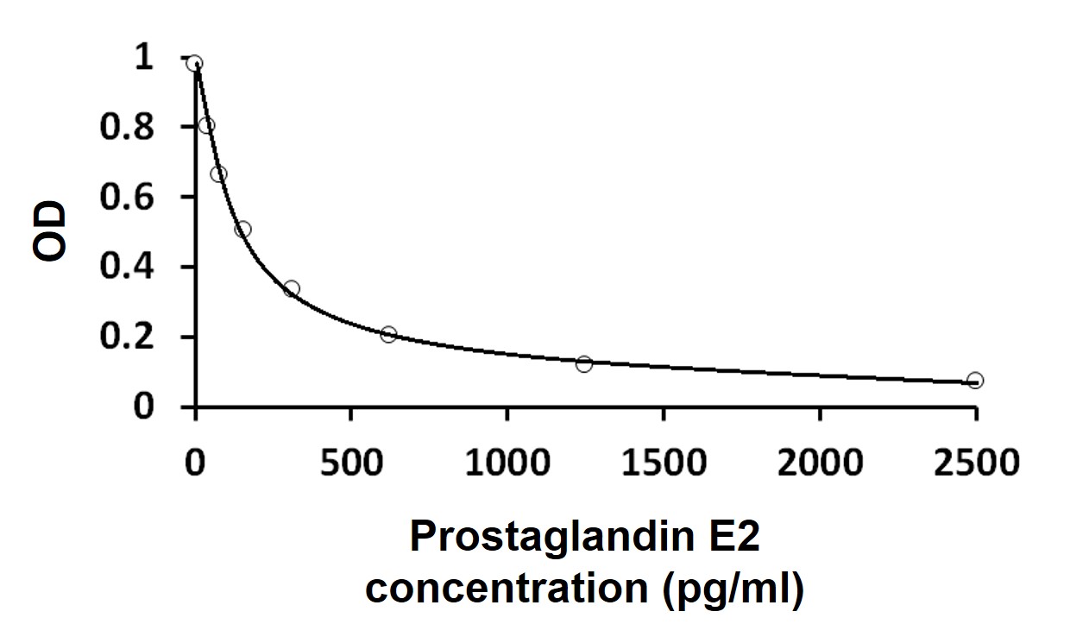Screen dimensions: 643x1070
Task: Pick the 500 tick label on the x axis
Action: point(350,463)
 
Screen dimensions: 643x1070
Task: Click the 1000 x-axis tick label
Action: point(507,463)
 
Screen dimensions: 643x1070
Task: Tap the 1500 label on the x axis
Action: point(663,463)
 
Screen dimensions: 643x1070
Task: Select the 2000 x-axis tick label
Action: point(819,463)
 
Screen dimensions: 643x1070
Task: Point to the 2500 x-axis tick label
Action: point(975,463)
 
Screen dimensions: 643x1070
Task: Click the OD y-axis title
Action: point(50,231)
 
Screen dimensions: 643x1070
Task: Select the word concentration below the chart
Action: point(504,589)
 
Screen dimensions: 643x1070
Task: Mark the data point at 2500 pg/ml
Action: point(975,381)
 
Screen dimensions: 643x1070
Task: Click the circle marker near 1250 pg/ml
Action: point(584,364)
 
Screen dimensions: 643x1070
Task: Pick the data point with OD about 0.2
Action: point(388,334)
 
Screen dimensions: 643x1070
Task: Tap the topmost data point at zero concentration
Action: point(195,63)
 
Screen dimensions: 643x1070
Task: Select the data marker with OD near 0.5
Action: point(243,230)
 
